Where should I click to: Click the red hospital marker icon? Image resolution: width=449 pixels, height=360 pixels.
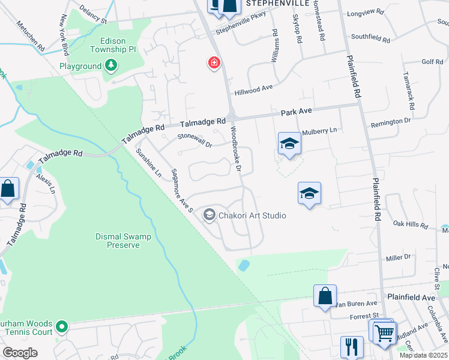coord(213,63)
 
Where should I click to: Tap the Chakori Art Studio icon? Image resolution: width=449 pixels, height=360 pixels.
coord(209,215)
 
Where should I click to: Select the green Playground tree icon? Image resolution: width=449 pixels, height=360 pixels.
coord(110,65)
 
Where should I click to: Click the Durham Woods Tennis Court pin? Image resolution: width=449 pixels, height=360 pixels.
coord(61,327)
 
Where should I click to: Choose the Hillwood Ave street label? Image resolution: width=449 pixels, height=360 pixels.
coord(253,88)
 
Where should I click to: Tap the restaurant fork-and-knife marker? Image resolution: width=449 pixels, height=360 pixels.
coord(352,346)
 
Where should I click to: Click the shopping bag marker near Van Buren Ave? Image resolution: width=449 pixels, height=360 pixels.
coord(325,295)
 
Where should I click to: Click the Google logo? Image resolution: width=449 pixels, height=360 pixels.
coord(20,353)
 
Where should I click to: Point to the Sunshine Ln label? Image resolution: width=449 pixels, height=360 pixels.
coord(149,163)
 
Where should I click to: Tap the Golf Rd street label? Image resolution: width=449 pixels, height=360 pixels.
coord(432,62)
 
